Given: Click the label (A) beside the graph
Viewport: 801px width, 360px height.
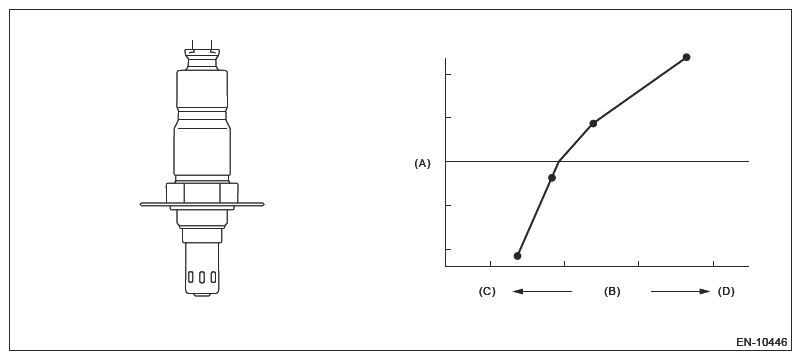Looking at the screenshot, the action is pyautogui.click(x=422, y=163).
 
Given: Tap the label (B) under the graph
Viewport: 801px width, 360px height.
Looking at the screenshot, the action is pyautogui.click(x=612, y=292).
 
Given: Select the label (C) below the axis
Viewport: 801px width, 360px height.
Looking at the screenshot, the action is pyautogui.click(x=487, y=292).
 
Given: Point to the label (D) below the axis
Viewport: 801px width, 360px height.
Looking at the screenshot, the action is pyautogui.click(x=726, y=292).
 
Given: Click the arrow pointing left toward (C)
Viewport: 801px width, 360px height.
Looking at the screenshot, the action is pyautogui.click(x=542, y=292).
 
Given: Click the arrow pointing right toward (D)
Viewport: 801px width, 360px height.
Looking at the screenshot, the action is pyautogui.click(x=680, y=292).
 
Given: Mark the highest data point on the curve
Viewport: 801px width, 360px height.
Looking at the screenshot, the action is pyautogui.click(x=687, y=57).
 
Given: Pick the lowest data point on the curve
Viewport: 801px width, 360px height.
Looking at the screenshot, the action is pyautogui.click(x=517, y=256).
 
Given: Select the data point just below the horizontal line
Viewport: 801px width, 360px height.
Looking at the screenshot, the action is pyautogui.click(x=552, y=178).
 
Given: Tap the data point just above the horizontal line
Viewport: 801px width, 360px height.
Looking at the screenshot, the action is pyautogui.click(x=593, y=123).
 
